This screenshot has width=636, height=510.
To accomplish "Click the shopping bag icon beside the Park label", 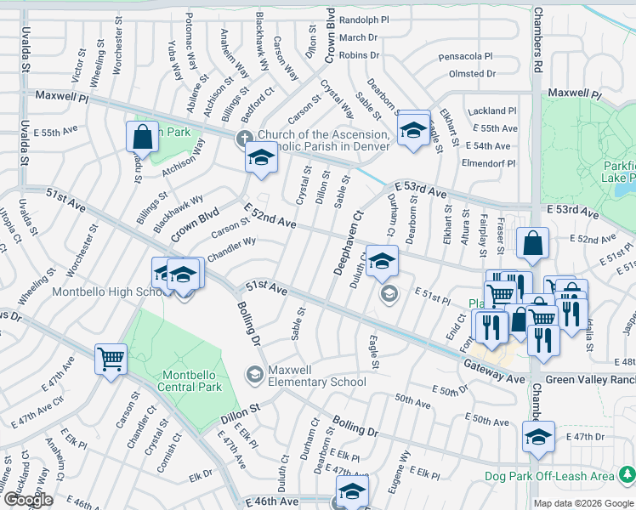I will [142, 137].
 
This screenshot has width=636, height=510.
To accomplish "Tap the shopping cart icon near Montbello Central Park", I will [111, 359].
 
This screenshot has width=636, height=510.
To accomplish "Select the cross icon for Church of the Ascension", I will [245, 137].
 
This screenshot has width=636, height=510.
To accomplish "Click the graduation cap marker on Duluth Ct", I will [383, 261].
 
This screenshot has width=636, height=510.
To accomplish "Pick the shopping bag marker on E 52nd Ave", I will [532, 243].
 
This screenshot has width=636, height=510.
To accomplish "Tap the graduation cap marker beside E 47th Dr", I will [538, 437].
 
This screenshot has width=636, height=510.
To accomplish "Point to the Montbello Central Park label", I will [179, 381].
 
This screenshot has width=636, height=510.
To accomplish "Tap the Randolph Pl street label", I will [363, 20].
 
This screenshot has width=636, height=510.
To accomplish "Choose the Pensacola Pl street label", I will [465, 56].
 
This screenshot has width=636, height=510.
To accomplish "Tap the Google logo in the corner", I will [29, 500].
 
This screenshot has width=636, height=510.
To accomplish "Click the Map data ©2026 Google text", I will [582, 503].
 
